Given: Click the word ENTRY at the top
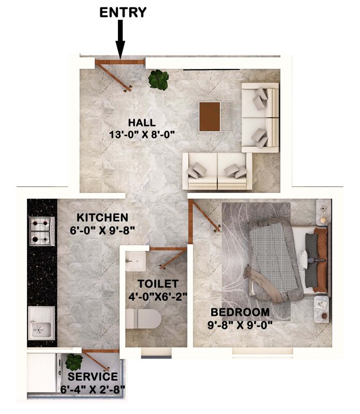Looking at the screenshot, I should coord(123,12).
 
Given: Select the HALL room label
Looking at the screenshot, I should coord(142,122).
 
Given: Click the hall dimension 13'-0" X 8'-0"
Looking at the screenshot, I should coord(142,134).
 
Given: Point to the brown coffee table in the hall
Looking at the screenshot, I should coord(210,116).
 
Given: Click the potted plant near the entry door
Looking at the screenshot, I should coord(158,80).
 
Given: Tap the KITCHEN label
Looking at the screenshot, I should coord(102,218).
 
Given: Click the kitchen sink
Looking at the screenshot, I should coord(41,322).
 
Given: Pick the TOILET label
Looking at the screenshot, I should coord(157,284).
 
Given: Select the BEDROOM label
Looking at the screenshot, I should coord(240,312).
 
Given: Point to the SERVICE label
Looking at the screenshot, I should coord(92,377).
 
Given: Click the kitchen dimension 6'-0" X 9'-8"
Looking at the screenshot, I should coord(102,230).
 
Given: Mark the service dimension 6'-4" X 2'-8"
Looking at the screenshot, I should coord(93,389).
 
